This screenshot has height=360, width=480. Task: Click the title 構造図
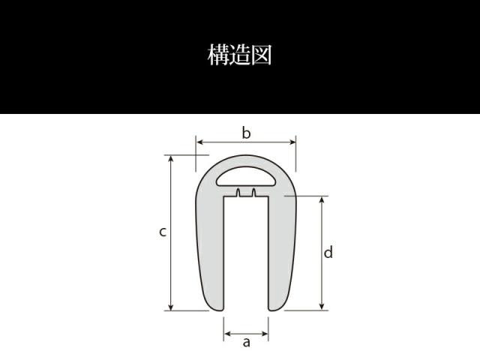[240, 55]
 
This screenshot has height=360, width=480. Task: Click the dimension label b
[246, 133]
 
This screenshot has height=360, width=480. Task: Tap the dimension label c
[163, 232]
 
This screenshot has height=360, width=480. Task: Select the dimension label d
[328, 253]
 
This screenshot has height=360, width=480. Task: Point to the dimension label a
[247, 342]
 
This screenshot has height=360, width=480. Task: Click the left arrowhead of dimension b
[199, 142]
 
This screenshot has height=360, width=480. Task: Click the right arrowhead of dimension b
[292, 142]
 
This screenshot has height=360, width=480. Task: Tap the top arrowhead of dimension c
[171, 158]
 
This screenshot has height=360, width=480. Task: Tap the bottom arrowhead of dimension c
[171, 307]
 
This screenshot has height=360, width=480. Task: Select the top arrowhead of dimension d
[322, 199]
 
